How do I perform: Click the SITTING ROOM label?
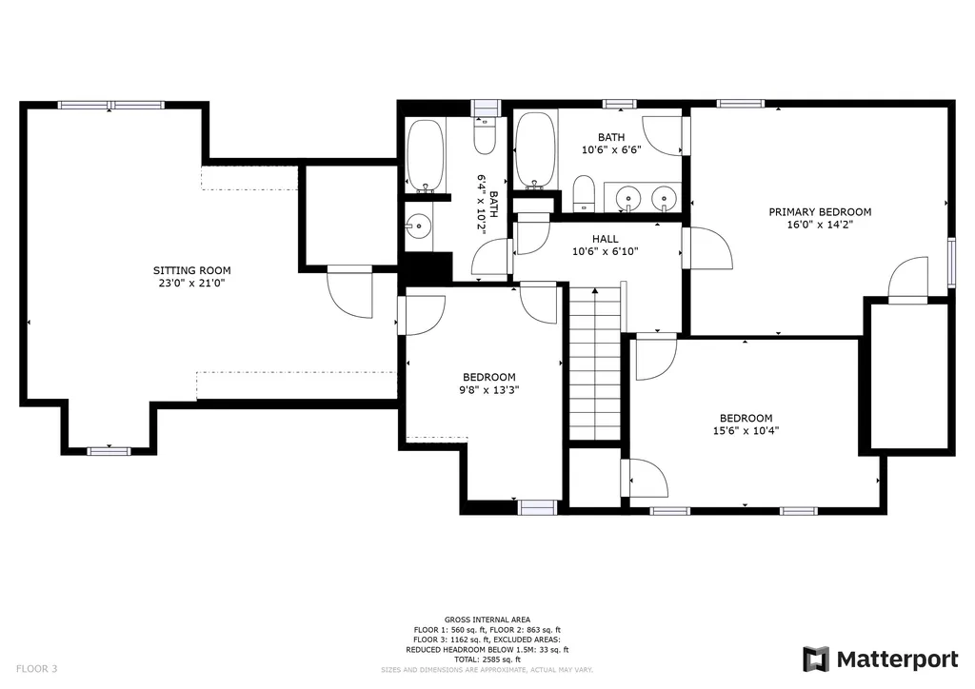click(191, 270)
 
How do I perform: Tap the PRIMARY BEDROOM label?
click(820, 212)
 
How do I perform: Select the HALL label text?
click(605, 239)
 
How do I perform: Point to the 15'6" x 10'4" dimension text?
click(746, 430)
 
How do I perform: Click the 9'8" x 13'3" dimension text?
click(488, 390)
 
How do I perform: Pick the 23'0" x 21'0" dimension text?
click(191, 284)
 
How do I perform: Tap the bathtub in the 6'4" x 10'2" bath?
click(426, 156)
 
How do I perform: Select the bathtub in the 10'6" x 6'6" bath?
click(535, 149)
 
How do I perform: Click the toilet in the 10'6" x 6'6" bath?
click(584, 192)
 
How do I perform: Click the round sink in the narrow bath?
click(419, 226)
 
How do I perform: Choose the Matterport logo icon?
click(815, 659)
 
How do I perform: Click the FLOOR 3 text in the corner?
click(37, 669)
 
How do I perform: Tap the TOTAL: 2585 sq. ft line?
click(487, 659)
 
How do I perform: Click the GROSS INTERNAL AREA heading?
click(487, 620)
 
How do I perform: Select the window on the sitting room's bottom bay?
click(109, 451)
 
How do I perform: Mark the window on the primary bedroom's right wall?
click(951, 262)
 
